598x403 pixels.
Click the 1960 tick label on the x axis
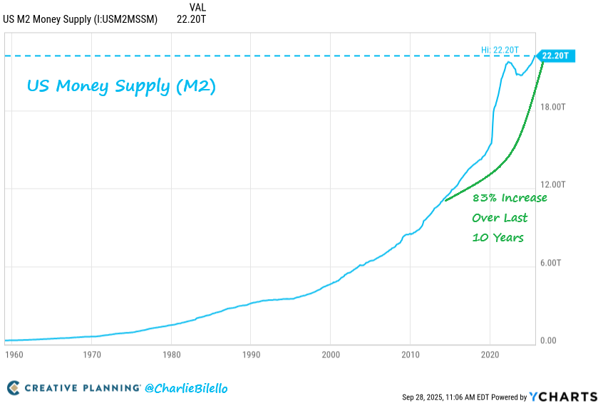point(12,354)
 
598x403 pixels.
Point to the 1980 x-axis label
point(170,354)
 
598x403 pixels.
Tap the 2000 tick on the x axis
point(330,354)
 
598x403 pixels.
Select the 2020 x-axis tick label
point(490,354)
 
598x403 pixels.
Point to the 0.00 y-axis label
point(548,341)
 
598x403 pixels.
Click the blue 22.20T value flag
point(555,56)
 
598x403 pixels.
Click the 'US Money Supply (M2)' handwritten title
point(121,87)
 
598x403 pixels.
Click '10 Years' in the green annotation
point(498,237)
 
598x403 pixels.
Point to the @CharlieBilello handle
point(186,389)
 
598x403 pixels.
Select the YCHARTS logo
point(563,396)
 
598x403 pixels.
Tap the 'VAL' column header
point(189,7)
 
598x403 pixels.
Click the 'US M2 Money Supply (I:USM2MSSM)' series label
point(81,19)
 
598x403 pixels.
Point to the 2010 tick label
point(410,354)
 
